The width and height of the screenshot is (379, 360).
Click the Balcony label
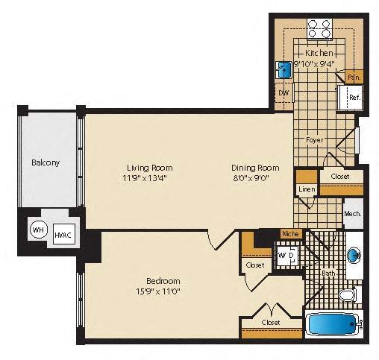(x=46, y=162)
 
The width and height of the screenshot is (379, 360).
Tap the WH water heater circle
(x=37, y=230)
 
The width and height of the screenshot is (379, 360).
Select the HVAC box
(x=63, y=235)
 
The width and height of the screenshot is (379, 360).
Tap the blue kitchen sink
(x=285, y=70)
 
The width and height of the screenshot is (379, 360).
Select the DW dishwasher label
(x=284, y=92)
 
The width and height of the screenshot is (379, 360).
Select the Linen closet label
(x=307, y=189)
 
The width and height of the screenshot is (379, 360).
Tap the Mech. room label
(x=352, y=214)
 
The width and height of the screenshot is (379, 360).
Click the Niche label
(x=289, y=234)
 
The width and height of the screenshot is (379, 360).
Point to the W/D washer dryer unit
(x=287, y=255)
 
